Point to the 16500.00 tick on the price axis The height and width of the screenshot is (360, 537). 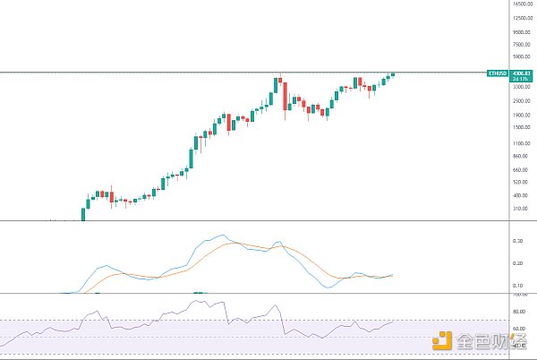[523, 4]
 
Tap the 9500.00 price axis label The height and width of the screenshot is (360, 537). [523, 30]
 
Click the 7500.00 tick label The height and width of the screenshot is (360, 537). [523, 43]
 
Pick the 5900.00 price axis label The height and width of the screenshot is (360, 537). [523, 56]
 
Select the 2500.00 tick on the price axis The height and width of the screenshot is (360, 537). [523, 100]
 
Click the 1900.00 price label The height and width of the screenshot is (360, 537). [523, 115]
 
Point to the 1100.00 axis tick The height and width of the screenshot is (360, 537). [523, 142]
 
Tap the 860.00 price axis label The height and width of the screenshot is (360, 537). [523, 155]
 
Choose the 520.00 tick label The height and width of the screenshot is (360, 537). [523, 182]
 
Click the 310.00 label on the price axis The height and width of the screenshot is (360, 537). [523, 209]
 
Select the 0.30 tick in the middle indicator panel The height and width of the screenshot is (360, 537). [517, 241]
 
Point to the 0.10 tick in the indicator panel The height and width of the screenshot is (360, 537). [517, 285]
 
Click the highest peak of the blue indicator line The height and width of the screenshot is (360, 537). [222, 236]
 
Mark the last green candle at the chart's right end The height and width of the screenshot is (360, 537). [393, 73]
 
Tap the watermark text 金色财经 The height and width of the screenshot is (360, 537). [491, 340]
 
